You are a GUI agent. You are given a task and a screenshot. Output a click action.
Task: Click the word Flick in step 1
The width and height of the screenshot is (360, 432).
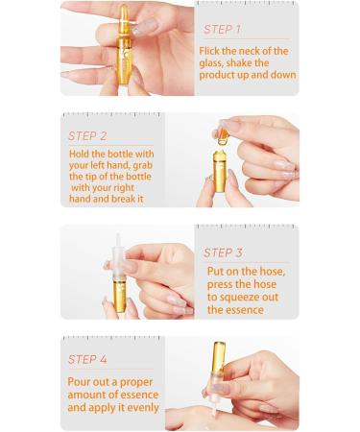pyautogui.click(x=214, y=49)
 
